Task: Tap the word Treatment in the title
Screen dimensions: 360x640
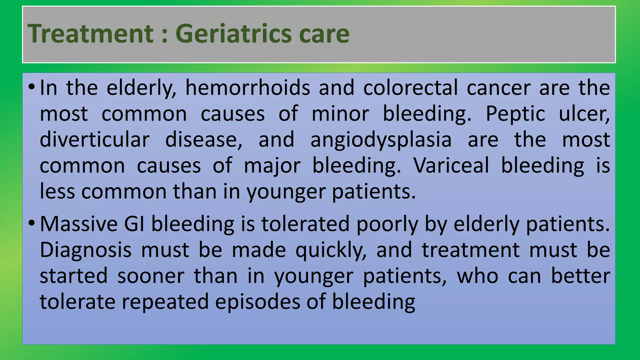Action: pos(91,33)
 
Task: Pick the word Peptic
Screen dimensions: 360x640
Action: pos(515,113)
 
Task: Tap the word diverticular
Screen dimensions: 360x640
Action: pos(95,139)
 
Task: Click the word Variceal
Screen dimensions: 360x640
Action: pos(451,165)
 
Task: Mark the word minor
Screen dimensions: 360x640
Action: pos(340,113)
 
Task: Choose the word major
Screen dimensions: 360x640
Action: pos(272,166)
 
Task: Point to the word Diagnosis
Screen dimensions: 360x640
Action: pos(86,250)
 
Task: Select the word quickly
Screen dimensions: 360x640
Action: pos(331,251)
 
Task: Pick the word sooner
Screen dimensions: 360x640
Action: pos(151,276)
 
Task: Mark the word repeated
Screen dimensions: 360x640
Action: pos(165,302)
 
